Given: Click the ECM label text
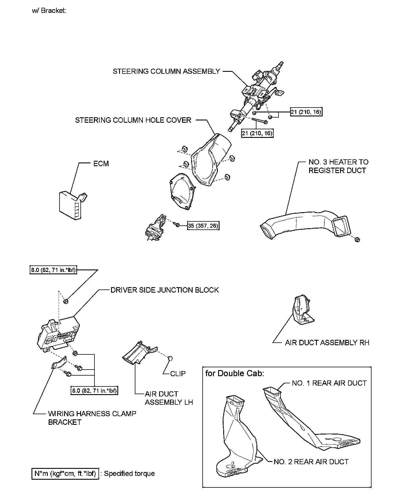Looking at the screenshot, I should coord(101,164).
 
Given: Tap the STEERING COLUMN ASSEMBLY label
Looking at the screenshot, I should coord(166,71).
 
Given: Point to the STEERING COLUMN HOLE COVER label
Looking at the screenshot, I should coord(133,120).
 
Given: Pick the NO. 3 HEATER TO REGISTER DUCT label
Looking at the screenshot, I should coord(338,166).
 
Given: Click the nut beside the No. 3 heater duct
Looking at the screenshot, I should coord(357,239).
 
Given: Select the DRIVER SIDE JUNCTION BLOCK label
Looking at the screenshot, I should coord(165,290).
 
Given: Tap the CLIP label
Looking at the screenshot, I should coord(178,374).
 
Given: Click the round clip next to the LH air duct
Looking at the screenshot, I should coord(170,358).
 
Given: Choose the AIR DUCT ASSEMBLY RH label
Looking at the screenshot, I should coord(327,342).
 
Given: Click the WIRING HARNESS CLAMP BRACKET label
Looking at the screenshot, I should coord(92,418).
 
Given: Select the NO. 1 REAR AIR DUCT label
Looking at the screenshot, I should coord(329,383).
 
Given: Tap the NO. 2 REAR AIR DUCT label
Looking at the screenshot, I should coord(311,462).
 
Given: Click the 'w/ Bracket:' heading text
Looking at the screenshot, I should coord(50,11).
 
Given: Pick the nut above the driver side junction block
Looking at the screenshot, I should coord(66,301).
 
